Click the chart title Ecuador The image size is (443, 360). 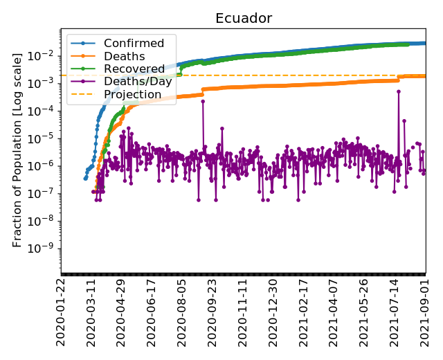coord(243,18)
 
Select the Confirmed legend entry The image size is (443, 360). coord(134,44)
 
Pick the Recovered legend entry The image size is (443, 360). coord(132,69)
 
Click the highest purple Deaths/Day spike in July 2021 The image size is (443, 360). coord(399,91)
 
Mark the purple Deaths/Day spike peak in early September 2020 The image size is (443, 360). coord(203,101)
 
